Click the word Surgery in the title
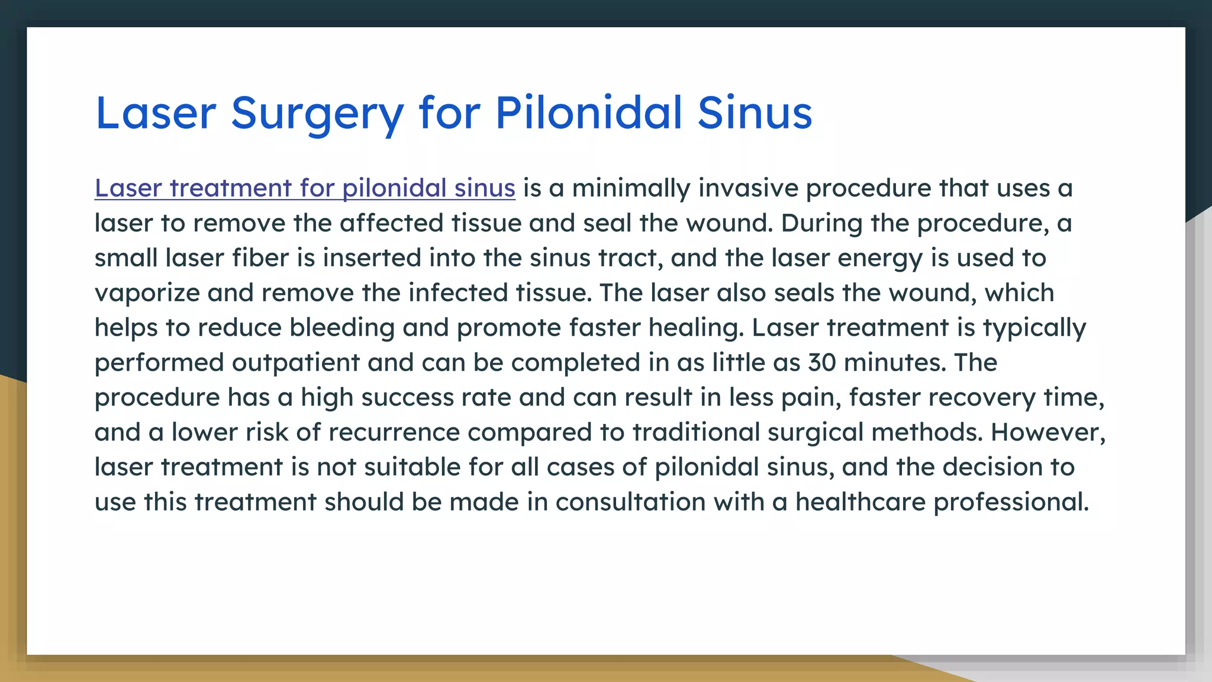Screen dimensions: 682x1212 click(317, 114)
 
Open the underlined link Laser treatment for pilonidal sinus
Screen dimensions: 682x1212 click(305, 188)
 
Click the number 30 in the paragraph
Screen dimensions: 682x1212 click(822, 362)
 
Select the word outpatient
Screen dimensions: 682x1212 click(295, 362)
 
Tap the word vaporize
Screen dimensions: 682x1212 click(147, 293)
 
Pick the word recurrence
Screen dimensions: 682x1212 click(394, 432)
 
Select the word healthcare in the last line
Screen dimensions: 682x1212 click(860, 502)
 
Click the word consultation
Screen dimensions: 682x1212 click(630, 502)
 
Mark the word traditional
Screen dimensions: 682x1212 click(696, 432)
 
